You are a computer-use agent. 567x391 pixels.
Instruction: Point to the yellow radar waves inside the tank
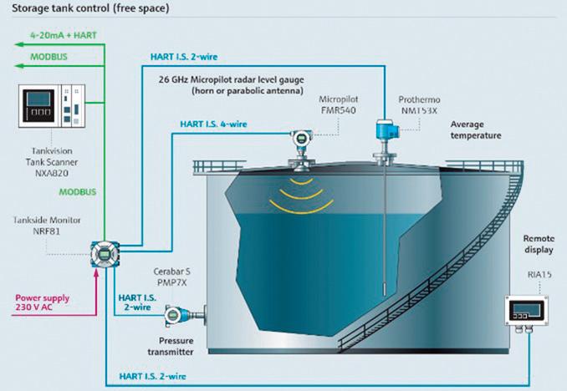[x=299, y=191]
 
